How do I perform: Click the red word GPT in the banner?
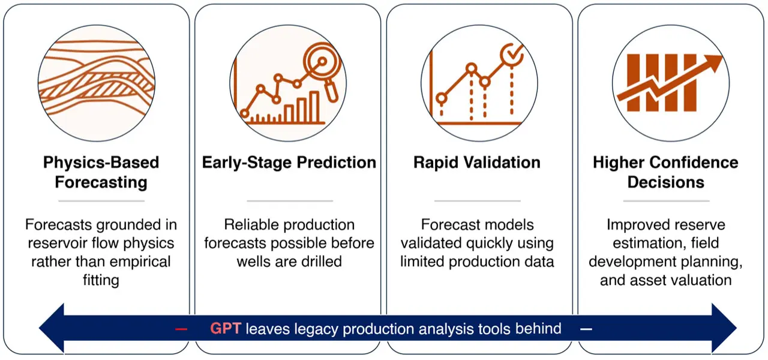226,329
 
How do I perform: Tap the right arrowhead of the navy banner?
723,328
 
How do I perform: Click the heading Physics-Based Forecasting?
101,172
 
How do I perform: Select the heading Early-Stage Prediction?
289,163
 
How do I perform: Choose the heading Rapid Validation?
476,163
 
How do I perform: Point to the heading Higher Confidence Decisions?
665,172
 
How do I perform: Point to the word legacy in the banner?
314,329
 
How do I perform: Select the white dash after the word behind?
586,329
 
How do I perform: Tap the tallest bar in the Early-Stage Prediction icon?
314,107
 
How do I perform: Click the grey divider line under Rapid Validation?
476,201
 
